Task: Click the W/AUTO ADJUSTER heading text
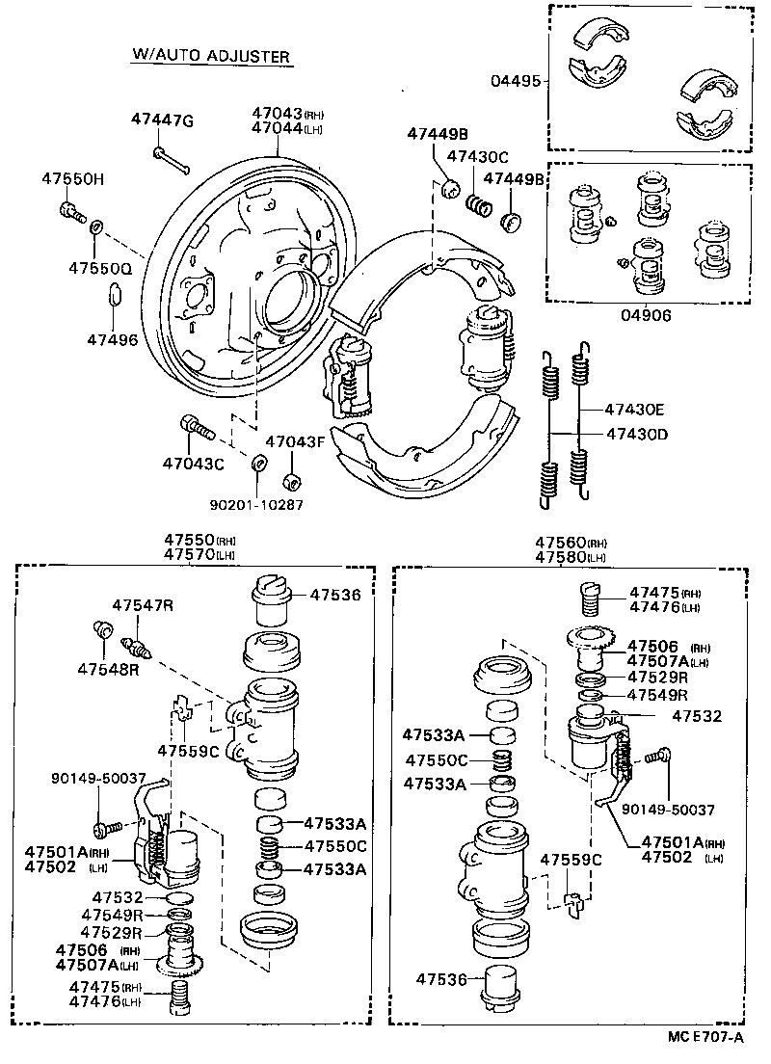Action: tap(210, 57)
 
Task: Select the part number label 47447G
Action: tap(162, 120)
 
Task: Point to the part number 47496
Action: tap(112, 339)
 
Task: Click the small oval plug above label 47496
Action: tap(112, 296)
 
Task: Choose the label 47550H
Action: tap(72, 178)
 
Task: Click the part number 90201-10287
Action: tap(255, 503)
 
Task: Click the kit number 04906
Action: tap(647, 314)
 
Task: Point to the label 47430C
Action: tap(476, 157)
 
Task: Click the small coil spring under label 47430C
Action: tap(479, 205)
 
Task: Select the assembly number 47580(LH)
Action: tap(571, 556)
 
